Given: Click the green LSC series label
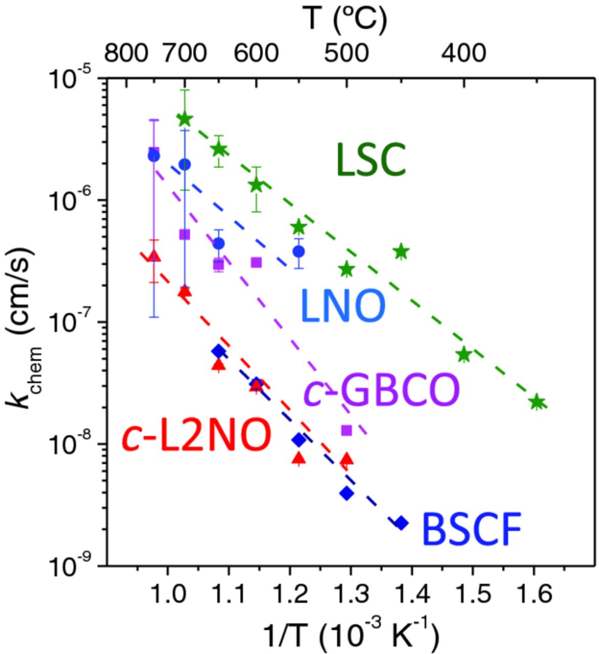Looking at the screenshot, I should point(370,160).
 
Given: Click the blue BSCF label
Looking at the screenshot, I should point(471,530).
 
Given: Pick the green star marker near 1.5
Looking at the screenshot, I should point(463,354).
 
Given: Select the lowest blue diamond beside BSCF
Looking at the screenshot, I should point(402,523).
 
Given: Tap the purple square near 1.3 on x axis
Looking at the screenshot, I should point(346,430).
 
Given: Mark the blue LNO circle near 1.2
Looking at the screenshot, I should point(299,251).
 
